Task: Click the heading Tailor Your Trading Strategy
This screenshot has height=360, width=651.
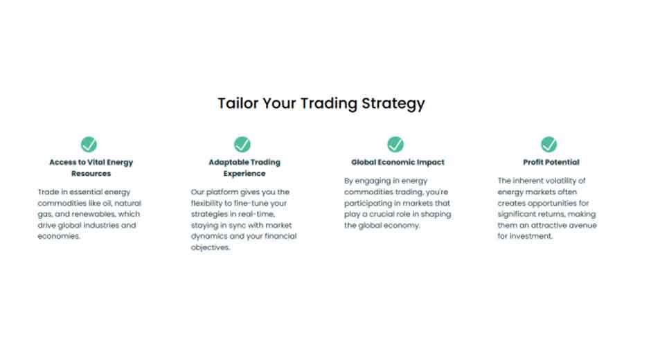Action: pos(321,104)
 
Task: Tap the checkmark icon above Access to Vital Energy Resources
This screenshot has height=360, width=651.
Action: pos(89,144)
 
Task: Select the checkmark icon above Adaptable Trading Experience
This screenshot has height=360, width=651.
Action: pos(242,144)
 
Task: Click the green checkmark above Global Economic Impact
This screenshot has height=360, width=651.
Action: pos(395,144)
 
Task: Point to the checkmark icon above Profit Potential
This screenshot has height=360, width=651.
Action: pos(549,144)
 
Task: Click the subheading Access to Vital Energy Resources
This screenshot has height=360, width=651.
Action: pos(91,168)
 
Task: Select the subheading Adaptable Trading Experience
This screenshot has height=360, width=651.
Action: pos(244,168)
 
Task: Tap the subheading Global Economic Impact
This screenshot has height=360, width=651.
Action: pos(398,162)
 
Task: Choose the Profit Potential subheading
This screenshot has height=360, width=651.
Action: pos(551,162)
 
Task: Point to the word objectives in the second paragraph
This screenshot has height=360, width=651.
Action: pos(210,247)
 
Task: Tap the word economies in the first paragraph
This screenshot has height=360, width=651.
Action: pos(59,236)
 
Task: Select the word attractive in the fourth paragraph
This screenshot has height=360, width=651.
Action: pos(553,225)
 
